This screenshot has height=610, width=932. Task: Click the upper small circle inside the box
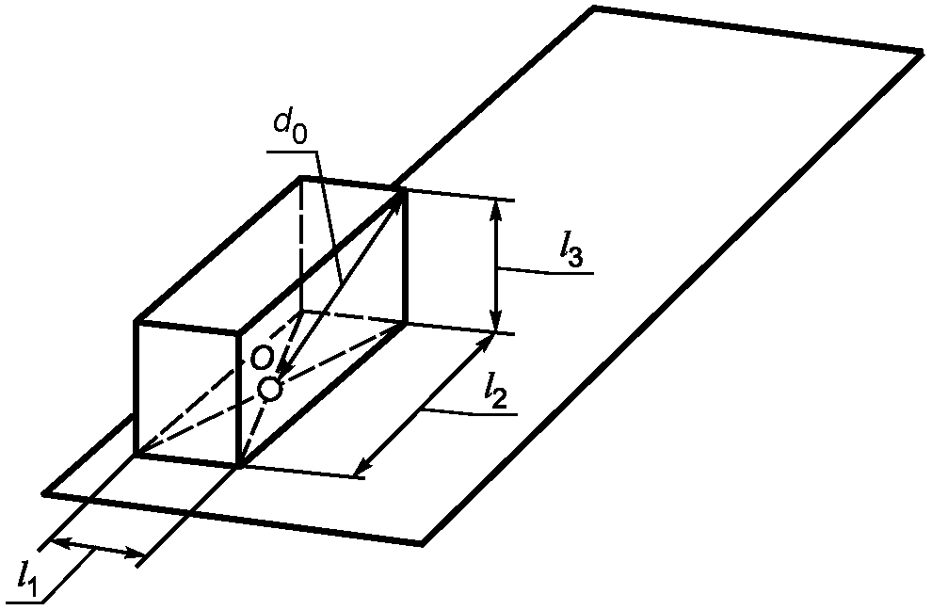click(263, 356)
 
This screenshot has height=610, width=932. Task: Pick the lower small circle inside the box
click(270, 387)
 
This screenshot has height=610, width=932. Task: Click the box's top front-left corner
click(137, 324)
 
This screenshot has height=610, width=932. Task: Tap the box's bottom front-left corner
click(137, 455)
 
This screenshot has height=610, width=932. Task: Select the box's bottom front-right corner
click(242, 466)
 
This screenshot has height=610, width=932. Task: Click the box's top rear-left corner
click(301, 177)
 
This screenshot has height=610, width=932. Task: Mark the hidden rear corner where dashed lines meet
click(301, 313)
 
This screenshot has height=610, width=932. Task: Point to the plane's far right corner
click(921, 51)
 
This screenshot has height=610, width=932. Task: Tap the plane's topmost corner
click(594, 8)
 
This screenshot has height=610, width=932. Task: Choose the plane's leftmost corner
click(44, 492)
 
